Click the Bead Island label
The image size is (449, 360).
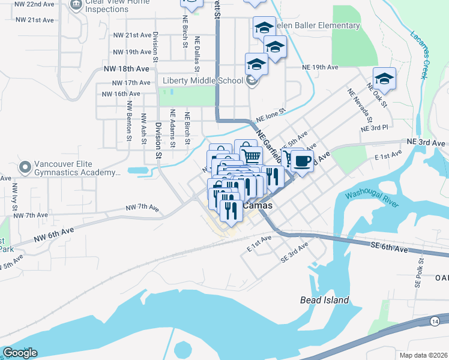[324, 300]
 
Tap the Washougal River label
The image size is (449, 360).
[372, 199]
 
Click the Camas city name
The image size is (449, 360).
[258, 206]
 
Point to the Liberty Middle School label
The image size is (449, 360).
[202, 81]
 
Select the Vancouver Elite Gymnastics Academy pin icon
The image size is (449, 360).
[25, 167]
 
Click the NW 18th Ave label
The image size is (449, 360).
[126, 69]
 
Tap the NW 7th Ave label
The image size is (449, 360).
[142, 208]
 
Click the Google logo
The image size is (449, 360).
[20, 353]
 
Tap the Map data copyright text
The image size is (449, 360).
[424, 355]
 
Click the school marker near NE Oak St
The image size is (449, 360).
[384, 79]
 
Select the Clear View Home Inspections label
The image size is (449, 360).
[117, 5]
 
